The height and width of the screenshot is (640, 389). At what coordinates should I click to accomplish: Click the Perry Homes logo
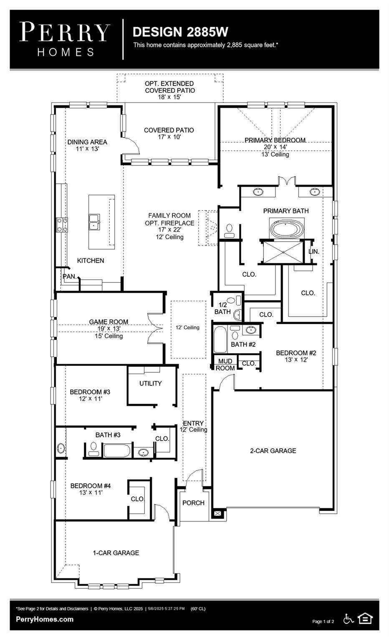[x=65, y=40]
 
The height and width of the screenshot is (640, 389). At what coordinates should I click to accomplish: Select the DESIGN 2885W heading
[x=180, y=32]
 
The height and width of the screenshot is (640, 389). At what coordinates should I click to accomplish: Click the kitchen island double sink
[x=94, y=222]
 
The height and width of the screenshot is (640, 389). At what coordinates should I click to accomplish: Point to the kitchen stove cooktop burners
[x=62, y=225]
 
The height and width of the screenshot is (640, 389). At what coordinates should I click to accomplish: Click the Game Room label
[x=109, y=322]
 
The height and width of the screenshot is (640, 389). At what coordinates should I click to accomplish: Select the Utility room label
[x=151, y=383]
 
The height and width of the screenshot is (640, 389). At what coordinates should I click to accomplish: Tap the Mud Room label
[x=225, y=365]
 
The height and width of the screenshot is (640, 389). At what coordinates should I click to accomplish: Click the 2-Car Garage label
[x=273, y=450]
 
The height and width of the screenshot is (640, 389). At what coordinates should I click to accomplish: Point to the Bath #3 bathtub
[x=117, y=451]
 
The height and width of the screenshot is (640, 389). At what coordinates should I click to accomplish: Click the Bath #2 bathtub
[x=220, y=340]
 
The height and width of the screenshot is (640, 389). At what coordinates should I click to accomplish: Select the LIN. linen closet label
[x=314, y=252]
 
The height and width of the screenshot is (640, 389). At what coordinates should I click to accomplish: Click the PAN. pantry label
[x=70, y=277]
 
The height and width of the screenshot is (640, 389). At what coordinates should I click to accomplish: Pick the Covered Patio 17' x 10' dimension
[x=169, y=137]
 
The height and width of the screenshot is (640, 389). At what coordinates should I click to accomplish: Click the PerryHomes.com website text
[x=45, y=619]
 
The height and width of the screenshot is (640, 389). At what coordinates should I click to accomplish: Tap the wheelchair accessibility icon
[x=349, y=619]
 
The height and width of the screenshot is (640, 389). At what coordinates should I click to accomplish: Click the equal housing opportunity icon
[x=365, y=619]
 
